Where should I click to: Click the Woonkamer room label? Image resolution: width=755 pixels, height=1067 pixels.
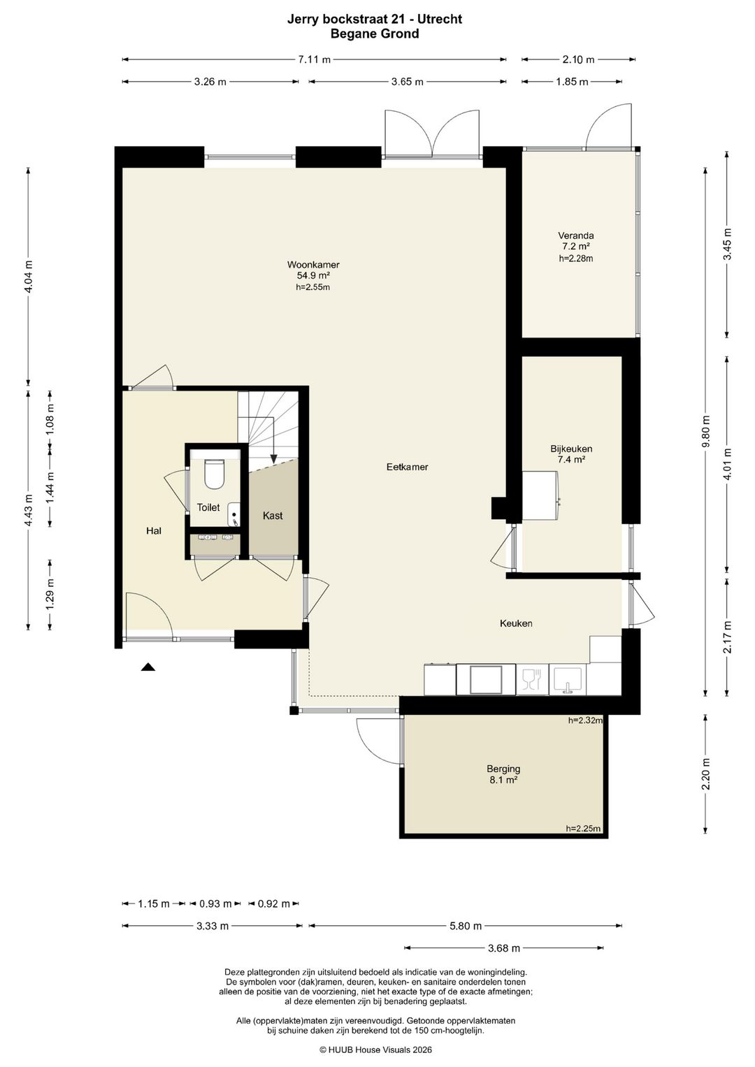click(313, 264)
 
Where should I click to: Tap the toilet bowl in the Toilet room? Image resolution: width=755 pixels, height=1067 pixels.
click(214, 474)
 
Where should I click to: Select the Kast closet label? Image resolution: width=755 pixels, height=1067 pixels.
click(273, 516)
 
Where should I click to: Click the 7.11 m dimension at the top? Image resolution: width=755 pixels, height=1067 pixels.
click(314, 59)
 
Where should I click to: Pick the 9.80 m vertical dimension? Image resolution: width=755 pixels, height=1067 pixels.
click(706, 431)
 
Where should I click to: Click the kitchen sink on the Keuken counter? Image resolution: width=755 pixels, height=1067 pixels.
click(567, 680)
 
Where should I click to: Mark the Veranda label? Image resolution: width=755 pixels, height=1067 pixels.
click(576, 235)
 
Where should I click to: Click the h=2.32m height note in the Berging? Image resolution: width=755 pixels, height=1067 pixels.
click(585, 720)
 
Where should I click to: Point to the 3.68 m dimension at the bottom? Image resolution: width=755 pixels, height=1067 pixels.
click(504, 948)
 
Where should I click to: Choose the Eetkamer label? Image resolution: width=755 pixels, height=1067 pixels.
click(407, 467)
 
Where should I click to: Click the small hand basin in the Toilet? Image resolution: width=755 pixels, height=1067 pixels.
click(234, 514)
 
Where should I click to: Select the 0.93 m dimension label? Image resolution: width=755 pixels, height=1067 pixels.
click(215, 903)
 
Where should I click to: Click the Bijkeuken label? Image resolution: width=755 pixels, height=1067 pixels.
click(571, 449)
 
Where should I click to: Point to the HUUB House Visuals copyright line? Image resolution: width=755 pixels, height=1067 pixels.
click(375, 1050)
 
